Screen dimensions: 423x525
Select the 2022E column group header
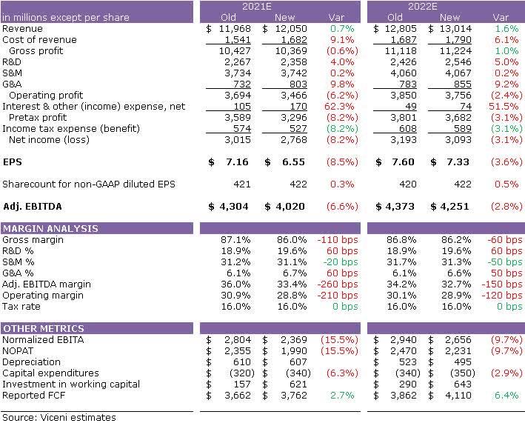click(x=447, y=6)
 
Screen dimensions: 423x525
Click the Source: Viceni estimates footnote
click(x=58, y=417)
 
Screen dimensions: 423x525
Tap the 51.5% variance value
click(x=507, y=107)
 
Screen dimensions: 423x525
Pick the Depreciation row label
click(x=31, y=362)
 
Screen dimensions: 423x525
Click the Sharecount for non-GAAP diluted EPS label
click(x=89, y=184)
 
